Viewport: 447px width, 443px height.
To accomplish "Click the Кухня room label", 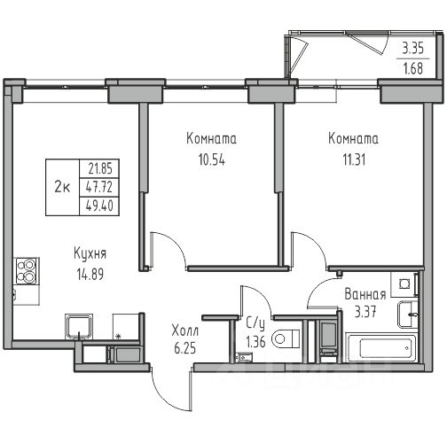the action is coord(90,254).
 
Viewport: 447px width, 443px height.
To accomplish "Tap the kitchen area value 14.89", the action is coord(90,274).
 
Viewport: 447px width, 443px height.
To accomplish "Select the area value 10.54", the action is coord(212,159).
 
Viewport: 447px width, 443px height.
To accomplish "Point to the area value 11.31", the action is coord(354,159).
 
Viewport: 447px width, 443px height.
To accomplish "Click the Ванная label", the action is coord(365,294).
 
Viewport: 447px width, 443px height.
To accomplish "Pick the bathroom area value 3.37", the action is coord(365,312).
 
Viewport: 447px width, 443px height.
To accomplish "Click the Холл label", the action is coord(185,330).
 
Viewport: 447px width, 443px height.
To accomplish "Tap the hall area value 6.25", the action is coord(185,348).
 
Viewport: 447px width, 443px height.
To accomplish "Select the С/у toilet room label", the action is coord(255,324).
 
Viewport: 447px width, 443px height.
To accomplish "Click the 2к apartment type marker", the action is coord(62,187).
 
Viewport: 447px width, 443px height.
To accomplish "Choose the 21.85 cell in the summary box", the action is coord(100,168).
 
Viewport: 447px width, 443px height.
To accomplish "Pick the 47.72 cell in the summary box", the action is coord(99,187).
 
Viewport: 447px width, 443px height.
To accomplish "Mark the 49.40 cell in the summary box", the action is coord(99,206).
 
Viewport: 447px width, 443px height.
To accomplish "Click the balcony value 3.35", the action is coord(413,48).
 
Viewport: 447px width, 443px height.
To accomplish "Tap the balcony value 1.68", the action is coord(413,68).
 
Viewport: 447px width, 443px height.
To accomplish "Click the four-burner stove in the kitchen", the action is coord(27,271).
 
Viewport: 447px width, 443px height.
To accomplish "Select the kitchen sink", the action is coord(79,326).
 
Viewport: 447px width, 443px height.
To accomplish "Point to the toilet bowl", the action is coord(286,338).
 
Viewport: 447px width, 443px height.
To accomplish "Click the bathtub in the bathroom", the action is coord(381,347).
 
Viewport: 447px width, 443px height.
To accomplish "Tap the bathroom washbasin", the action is coord(407,315).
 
